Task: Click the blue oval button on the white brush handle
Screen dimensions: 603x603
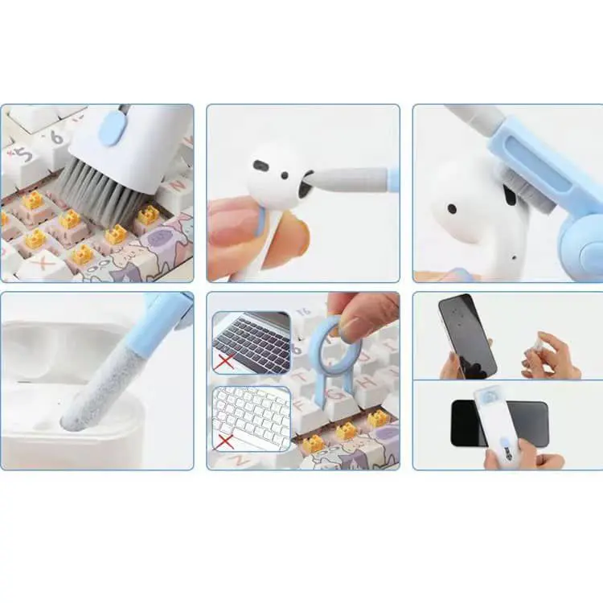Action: (111, 129)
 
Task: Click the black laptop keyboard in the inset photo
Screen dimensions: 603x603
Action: (254, 342)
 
